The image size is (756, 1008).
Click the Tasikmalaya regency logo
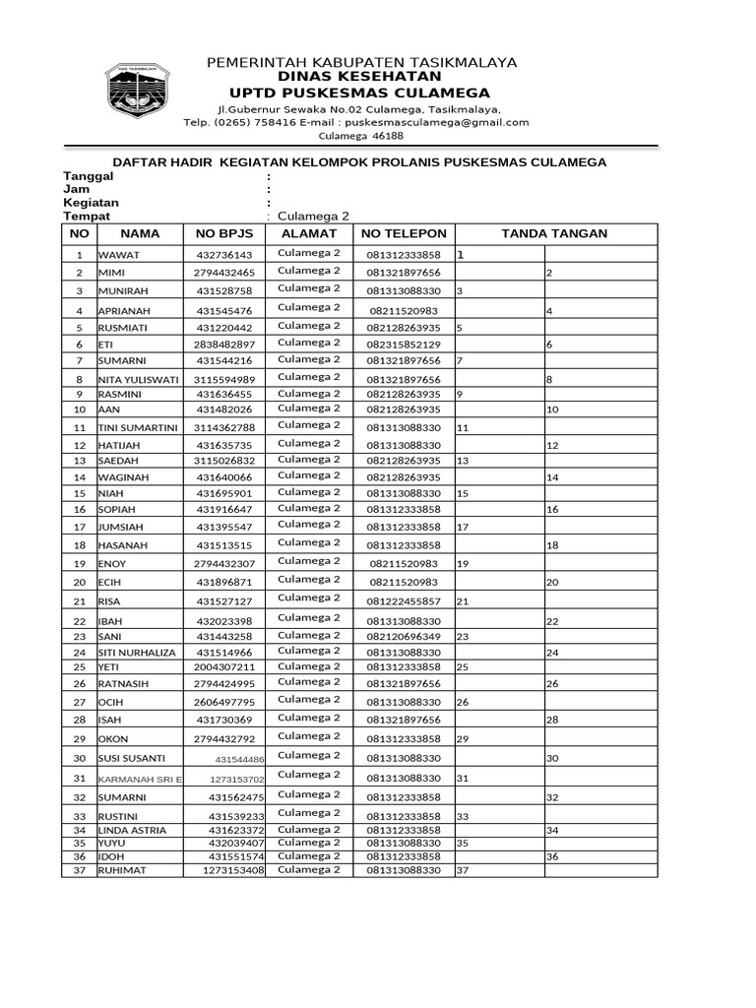138,93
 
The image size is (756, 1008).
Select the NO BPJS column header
224,233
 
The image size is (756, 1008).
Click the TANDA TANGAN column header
554,233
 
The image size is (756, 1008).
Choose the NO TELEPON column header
404,233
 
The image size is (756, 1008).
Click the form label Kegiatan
92,202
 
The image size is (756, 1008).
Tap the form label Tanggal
89,175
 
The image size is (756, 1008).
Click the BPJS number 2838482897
224,345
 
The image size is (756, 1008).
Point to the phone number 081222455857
404,600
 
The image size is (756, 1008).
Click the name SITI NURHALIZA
137,653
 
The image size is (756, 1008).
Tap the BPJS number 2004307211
224,667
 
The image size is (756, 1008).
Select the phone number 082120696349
404,637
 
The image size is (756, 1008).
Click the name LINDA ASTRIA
132,831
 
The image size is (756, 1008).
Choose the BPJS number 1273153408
233,870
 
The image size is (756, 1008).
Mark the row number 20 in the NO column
80,583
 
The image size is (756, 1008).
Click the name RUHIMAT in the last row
121,870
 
